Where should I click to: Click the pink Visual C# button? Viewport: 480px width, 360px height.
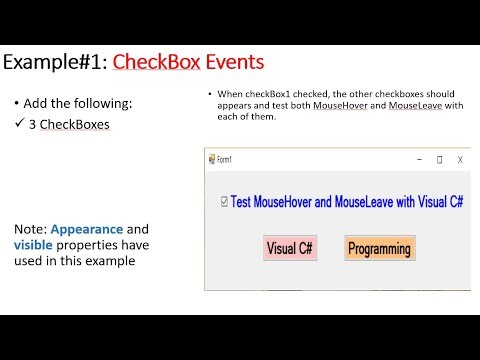288,248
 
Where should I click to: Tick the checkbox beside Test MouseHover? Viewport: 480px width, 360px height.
223,201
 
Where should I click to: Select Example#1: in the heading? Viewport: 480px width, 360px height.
55,63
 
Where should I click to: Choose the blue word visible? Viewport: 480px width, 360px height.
34,244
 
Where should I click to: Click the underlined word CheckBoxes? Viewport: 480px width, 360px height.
75,125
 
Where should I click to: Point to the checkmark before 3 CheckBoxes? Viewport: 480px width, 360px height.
19,125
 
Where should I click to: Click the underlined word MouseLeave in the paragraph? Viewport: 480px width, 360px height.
417,105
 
